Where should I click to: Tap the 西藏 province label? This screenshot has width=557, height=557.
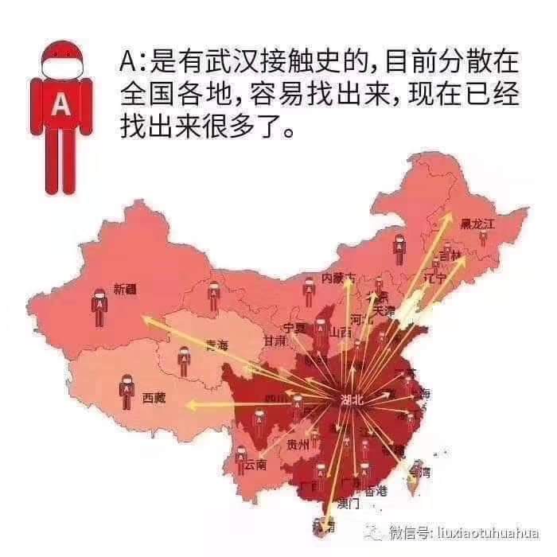(x=154, y=398)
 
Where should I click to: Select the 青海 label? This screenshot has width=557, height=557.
(x=216, y=345)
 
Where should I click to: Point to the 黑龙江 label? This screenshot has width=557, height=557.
(x=482, y=224)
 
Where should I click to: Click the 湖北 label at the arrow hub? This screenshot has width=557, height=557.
(x=350, y=400)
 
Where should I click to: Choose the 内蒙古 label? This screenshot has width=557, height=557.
(x=338, y=278)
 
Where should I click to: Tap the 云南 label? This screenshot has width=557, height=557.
(x=256, y=464)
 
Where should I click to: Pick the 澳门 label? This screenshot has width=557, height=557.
(x=349, y=503)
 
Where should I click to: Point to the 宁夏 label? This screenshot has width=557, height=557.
(x=294, y=328)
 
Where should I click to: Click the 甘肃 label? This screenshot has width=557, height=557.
(x=275, y=341)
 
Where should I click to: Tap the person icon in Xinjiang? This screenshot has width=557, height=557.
(x=99, y=306)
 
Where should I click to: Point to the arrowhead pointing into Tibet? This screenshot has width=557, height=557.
(x=189, y=406)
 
